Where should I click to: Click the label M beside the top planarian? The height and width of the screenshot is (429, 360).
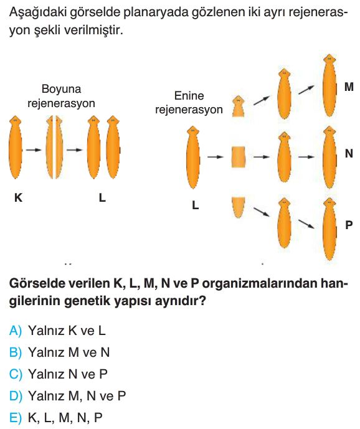tap(349, 87)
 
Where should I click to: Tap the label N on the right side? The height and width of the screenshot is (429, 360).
tap(349, 154)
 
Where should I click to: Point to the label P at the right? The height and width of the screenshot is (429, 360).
tap(349, 225)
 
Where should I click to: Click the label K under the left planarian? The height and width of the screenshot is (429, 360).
tap(18, 197)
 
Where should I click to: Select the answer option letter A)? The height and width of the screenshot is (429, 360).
tap(16, 331)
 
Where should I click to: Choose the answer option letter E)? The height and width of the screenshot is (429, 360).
tap(16, 418)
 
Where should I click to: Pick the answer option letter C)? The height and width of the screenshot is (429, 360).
tap(16, 374)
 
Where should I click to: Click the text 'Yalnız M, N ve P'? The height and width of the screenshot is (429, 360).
tap(77, 395)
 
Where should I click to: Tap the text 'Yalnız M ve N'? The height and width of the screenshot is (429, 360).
tap(69, 352)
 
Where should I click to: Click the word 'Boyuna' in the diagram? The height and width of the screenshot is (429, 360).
tap(61, 89)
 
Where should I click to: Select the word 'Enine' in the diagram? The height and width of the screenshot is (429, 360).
tap(189, 96)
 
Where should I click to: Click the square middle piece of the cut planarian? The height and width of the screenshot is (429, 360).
tap(238, 157)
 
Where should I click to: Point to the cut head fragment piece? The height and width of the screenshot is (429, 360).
tap(238, 106)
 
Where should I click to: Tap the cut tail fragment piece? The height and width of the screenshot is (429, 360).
tap(238, 207)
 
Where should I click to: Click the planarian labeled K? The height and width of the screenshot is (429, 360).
tap(16, 147)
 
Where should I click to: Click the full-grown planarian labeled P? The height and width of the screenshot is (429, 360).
tap(329, 229)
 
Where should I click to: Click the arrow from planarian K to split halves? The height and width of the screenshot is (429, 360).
tap(34, 149)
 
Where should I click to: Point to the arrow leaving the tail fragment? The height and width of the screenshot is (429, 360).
tap(261, 212)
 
